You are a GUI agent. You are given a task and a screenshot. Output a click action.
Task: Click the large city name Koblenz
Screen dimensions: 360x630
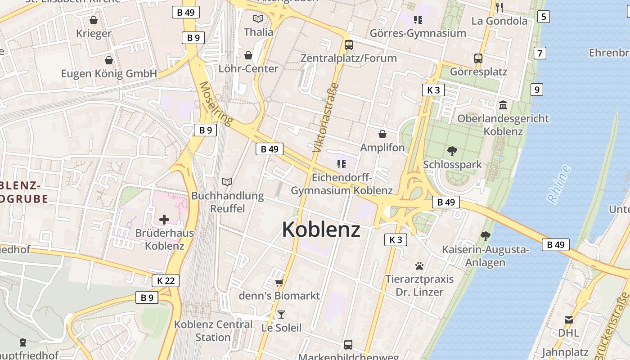pos(321,229)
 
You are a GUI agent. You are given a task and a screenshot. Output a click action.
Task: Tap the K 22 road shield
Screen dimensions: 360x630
pos(166,281)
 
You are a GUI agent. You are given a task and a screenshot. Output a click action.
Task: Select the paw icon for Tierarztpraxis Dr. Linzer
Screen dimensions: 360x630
pos(419,266)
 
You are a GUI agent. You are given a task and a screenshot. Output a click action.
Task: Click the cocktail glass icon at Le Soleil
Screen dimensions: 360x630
pos(281,314)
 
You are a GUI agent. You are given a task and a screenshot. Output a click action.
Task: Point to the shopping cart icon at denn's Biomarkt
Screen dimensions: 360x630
pos(279,283)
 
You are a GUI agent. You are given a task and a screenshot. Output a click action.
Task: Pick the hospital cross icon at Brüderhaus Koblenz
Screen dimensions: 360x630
pos(164,220)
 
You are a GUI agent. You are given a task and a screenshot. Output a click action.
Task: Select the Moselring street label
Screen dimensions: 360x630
pos(216,103)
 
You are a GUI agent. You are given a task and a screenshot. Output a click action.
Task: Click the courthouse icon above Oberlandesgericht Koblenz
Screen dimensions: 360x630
pos(503,105)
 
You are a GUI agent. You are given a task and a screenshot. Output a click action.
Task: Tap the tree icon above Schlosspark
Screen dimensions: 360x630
pos(452,151)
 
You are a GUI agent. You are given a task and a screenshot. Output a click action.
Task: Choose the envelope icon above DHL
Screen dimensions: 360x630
pos(569,320)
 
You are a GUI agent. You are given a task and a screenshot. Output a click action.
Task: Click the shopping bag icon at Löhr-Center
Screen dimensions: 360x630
pos(248,55)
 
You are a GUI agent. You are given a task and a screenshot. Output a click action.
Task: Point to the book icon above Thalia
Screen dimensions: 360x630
pos(258,18)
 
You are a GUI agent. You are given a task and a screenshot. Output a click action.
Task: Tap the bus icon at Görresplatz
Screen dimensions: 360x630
pos(478,58)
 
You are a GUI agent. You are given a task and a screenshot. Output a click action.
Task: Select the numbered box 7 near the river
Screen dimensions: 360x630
pos(540,53)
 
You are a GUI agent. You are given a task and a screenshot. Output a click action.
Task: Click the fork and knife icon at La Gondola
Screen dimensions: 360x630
pos(499,7)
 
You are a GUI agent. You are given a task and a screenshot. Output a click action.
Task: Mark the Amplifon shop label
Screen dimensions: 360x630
pos(382,148)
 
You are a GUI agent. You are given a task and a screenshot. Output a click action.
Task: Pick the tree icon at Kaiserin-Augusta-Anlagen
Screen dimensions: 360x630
pos(485,236)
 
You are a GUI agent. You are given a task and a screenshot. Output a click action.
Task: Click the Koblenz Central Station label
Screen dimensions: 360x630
pos(213,331)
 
